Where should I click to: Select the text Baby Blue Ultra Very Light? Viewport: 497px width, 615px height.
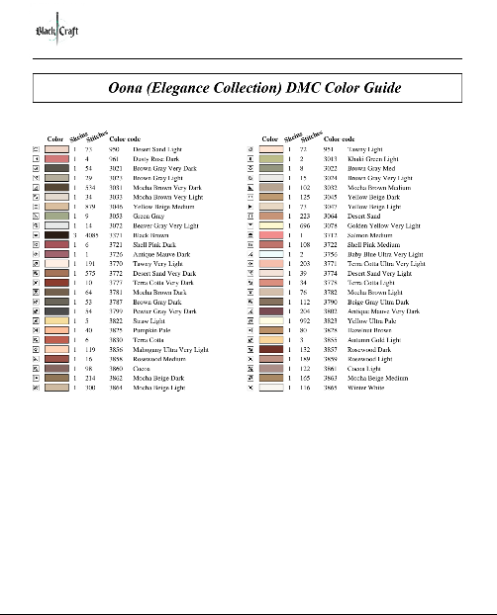[384, 254]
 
